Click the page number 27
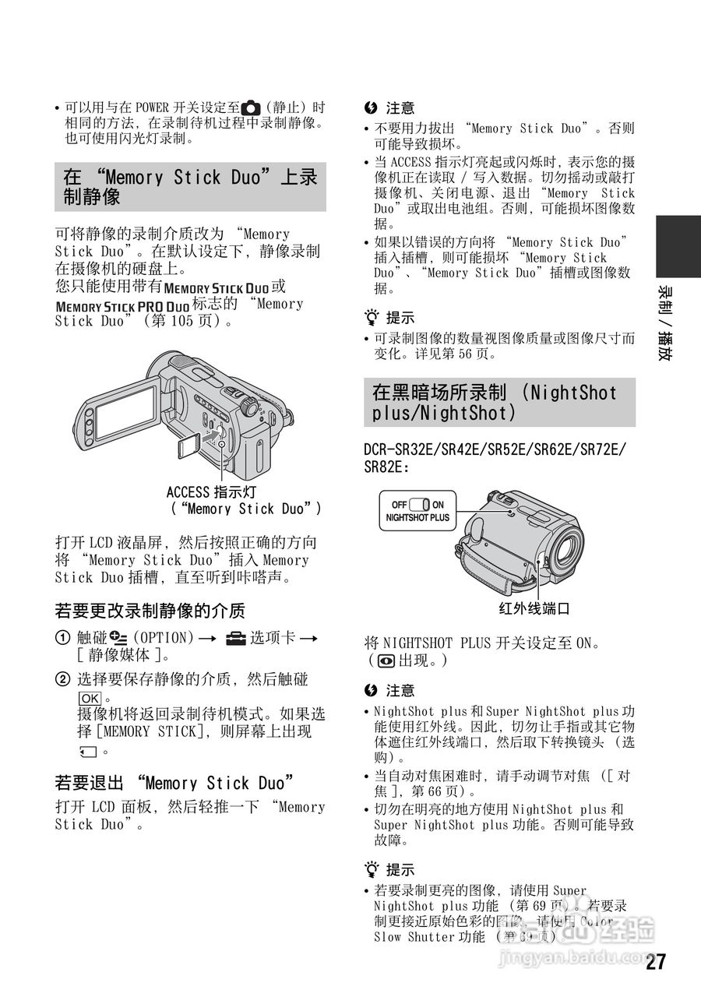tap(656, 962)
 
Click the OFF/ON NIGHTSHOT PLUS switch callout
tap(417, 511)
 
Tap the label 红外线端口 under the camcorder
tap(534, 609)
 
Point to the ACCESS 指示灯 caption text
tap(211, 492)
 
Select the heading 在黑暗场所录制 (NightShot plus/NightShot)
tap(499, 403)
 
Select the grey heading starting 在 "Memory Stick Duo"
tap(190, 187)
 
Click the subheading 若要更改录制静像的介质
tap(150, 611)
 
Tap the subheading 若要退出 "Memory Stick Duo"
tap(175, 783)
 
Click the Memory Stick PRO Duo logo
tap(122, 305)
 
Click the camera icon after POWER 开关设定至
tap(251, 107)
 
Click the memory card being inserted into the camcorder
tap(187, 446)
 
